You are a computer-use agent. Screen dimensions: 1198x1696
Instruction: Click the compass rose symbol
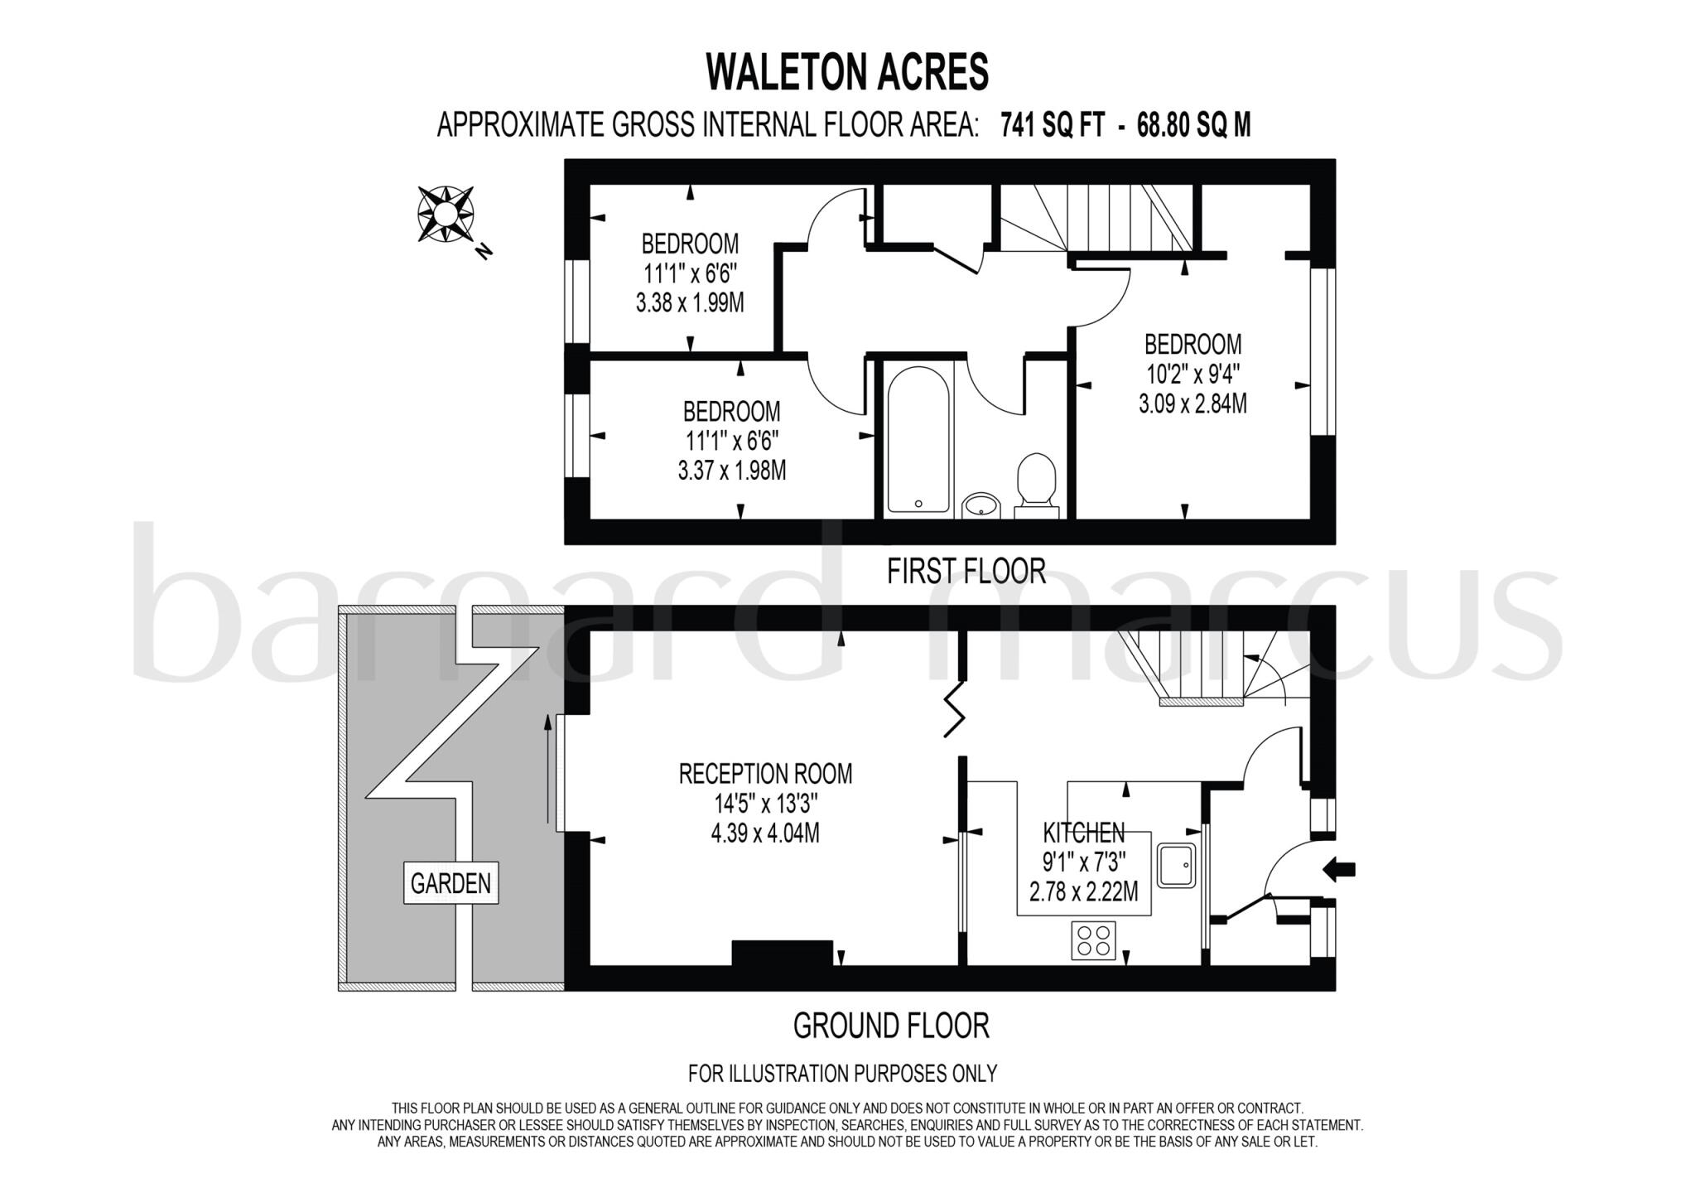(x=446, y=215)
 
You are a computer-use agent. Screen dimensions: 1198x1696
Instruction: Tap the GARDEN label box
(x=450, y=883)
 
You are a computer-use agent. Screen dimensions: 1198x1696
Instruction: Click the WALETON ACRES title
(x=847, y=73)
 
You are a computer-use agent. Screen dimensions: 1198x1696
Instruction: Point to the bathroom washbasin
(x=982, y=505)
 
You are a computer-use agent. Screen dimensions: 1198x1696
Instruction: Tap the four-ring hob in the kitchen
(x=1093, y=940)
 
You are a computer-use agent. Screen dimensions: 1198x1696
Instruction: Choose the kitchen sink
(x=1177, y=866)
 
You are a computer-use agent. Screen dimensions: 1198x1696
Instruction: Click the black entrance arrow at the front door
(x=1339, y=869)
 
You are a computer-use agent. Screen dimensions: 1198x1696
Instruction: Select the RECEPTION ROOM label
(x=765, y=774)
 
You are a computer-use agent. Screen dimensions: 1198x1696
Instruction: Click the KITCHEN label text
(x=1083, y=832)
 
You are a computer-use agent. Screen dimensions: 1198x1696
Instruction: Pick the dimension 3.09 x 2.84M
(x=1192, y=404)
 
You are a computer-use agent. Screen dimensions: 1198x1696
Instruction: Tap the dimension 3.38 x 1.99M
(x=690, y=303)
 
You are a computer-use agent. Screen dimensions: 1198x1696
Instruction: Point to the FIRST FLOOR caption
(x=966, y=571)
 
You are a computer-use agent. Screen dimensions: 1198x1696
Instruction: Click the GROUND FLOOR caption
(x=891, y=1026)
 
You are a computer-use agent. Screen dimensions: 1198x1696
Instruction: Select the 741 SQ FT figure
(x=1052, y=125)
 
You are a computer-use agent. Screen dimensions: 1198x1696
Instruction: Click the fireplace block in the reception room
(x=782, y=953)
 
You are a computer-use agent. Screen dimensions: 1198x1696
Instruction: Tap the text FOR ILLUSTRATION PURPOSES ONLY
(x=842, y=1074)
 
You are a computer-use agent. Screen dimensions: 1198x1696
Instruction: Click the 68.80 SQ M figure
(x=1193, y=125)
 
